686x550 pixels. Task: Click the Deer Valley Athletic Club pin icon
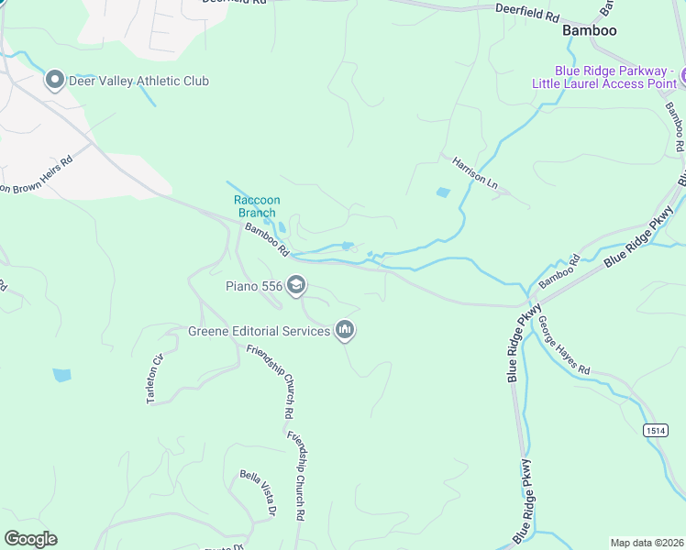pyautogui.click(x=54, y=81)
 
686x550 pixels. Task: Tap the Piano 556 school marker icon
pyautogui.click(x=295, y=286)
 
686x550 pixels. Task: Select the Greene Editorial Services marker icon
pyautogui.click(x=345, y=330)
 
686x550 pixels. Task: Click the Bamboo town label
pyautogui.click(x=589, y=30)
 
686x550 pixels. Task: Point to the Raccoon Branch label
pyautogui.click(x=257, y=206)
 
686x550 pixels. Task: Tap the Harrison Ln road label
pyautogui.click(x=474, y=172)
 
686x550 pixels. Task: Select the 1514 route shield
pyautogui.click(x=655, y=430)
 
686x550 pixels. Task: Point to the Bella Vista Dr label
pyautogui.click(x=258, y=494)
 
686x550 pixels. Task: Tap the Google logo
pyautogui.click(x=30, y=539)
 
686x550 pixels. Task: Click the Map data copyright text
pyautogui.click(x=647, y=543)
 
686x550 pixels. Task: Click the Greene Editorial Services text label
pyautogui.click(x=260, y=331)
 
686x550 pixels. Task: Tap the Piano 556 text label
pyautogui.click(x=254, y=286)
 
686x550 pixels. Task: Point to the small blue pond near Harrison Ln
pyautogui.click(x=444, y=192)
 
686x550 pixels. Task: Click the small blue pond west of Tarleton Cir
pyautogui.click(x=61, y=375)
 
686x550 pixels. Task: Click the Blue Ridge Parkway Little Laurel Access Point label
pyautogui.click(x=606, y=77)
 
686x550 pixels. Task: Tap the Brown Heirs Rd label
pyautogui.click(x=37, y=174)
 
